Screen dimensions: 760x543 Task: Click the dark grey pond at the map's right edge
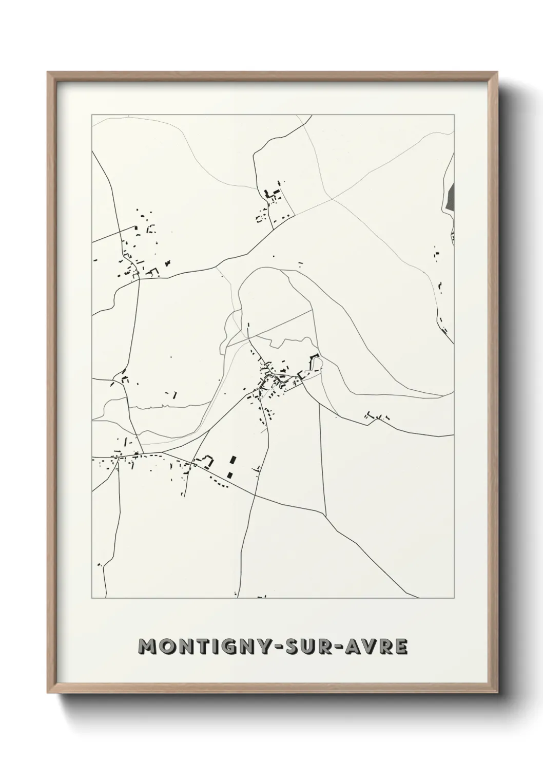click(451, 197)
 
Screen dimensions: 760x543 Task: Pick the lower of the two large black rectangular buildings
click(230, 474)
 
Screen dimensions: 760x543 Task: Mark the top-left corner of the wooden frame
click(48, 72)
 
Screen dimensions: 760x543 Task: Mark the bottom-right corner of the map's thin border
click(454, 598)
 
